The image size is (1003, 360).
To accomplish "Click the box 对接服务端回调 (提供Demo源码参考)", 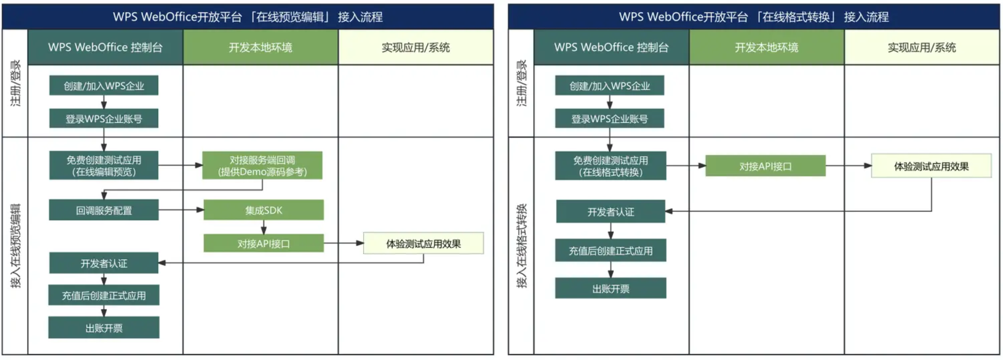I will [x=262, y=165].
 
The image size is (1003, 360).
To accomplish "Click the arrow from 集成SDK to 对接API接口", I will [x=264, y=227].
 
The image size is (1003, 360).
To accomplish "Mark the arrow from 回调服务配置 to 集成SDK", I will [x=181, y=210].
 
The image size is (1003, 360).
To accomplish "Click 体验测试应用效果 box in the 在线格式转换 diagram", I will [x=931, y=166].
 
